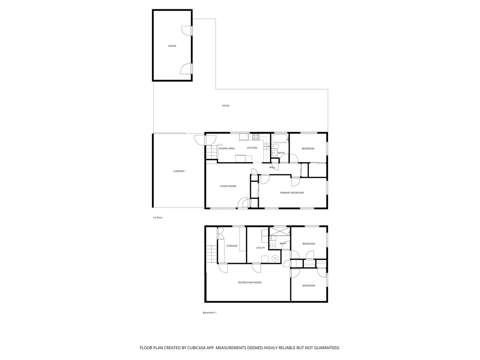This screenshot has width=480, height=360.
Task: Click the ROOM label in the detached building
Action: click(x=172, y=46)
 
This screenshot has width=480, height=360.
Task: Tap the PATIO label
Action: click(x=225, y=106)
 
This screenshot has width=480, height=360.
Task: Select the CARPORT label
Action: click(x=179, y=172)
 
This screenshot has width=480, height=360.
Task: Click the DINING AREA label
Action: click(x=226, y=149)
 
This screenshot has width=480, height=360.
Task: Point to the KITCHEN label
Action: click(x=252, y=148)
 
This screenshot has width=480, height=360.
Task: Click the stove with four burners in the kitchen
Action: click(x=256, y=137)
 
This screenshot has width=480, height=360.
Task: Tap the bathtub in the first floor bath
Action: click(x=280, y=139)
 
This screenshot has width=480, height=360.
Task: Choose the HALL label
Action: click(x=272, y=167)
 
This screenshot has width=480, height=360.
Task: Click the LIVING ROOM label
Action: click(x=228, y=186)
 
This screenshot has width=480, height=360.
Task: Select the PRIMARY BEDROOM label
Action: click(x=292, y=193)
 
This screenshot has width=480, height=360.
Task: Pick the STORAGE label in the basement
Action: click(x=232, y=246)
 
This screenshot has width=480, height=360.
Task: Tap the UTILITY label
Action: click(x=260, y=248)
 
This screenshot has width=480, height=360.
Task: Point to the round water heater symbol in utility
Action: click(x=275, y=258)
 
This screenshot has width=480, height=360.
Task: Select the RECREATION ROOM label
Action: click(x=249, y=283)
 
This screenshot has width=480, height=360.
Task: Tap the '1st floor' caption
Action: click(x=157, y=218)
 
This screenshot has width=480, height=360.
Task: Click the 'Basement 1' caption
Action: click(x=210, y=313)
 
